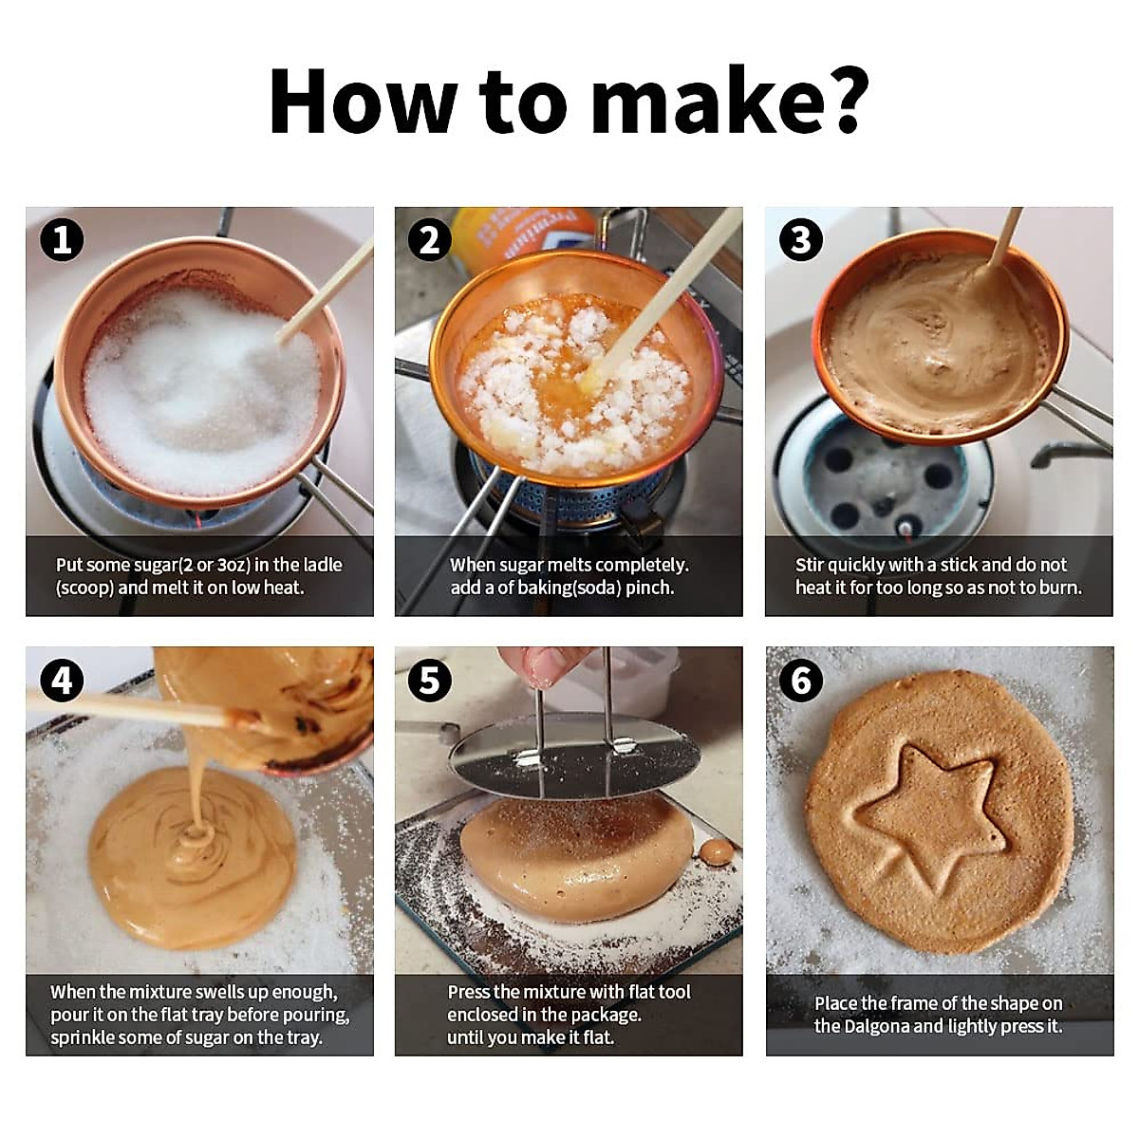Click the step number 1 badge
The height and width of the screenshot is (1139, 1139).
(x=62, y=240)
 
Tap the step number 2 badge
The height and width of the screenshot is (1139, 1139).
(x=430, y=240)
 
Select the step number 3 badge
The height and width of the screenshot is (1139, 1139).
(x=801, y=240)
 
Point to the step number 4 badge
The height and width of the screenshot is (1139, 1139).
(x=62, y=681)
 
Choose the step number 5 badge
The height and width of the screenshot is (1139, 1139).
(x=430, y=681)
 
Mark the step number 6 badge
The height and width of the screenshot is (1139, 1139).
(x=801, y=681)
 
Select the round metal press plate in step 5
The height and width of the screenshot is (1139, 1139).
(x=573, y=757)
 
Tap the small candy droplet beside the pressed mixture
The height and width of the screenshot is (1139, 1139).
(x=716, y=851)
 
